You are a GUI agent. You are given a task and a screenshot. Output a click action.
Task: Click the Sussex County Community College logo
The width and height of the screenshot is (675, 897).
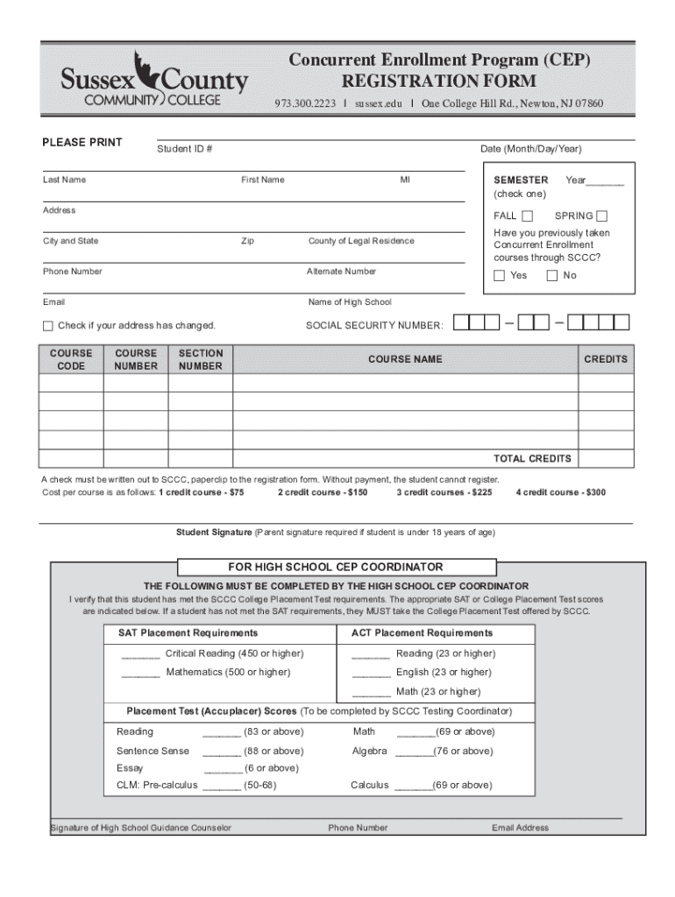tap(154, 80)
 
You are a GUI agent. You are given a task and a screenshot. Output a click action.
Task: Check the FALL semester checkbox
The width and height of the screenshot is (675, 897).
tap(527, 216)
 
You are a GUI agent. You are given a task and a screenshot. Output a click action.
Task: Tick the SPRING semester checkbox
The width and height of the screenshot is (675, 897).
tap(602, 216)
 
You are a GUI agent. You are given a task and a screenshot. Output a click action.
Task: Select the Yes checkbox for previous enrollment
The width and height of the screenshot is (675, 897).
tap(500, 276)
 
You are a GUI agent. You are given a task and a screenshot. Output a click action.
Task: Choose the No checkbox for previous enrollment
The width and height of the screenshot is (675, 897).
tap(552, 276)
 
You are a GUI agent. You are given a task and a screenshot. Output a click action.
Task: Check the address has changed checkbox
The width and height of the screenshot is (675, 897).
tap(48, 326)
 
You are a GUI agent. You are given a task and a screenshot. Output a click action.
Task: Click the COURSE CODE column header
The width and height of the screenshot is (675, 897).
tap(71, 360)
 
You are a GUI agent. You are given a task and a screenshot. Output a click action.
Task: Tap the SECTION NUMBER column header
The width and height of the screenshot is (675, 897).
tap(201, 360)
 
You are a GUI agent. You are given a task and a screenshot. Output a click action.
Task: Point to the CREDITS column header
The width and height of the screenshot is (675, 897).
tap(606, 359)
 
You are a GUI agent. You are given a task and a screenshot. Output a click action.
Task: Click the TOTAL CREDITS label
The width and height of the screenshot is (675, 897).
tap(532, 459)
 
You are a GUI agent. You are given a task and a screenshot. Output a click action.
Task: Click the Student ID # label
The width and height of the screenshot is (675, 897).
tap(184, 149)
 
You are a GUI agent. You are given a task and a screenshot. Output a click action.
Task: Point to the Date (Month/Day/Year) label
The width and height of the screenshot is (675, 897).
tap(530, 149)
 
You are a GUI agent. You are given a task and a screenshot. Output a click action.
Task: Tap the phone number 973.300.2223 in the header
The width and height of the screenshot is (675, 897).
tap(305, 104)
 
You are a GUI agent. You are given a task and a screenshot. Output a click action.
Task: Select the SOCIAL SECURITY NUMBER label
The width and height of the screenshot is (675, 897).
tap(374, 326)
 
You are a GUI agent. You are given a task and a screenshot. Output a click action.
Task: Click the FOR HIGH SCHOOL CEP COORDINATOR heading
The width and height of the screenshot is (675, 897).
tap(336, 568)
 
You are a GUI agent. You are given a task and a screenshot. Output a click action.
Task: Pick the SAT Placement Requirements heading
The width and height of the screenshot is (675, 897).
tap(188, 633)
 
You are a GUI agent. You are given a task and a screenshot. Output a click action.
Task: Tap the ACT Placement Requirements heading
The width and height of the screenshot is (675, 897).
tap(422, 633)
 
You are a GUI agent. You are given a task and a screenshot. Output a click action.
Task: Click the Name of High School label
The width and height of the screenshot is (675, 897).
tap(350, 302)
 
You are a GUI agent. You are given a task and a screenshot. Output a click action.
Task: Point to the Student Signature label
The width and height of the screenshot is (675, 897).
tap(214, 533)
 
